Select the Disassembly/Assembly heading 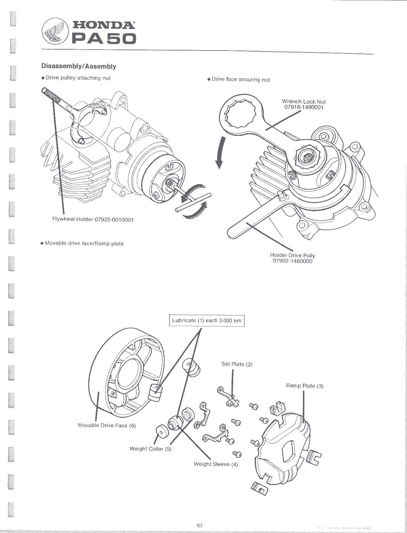click(x=79, y=66)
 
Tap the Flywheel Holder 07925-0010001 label click(x=93, y=220)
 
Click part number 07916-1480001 click(x=304, y=107)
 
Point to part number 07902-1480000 click(x=293, y=261)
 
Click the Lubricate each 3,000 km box click(x=207, y=320)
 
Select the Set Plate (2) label click(x=237, y=364)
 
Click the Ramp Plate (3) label click(x=305, y=386)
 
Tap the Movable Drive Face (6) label click(x=107, y=425)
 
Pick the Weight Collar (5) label click(x=150, y=449)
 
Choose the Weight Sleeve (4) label click(x=216, y=464)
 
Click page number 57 click(x=200, y=526)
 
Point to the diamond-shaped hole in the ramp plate click(x=290, y=450)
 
